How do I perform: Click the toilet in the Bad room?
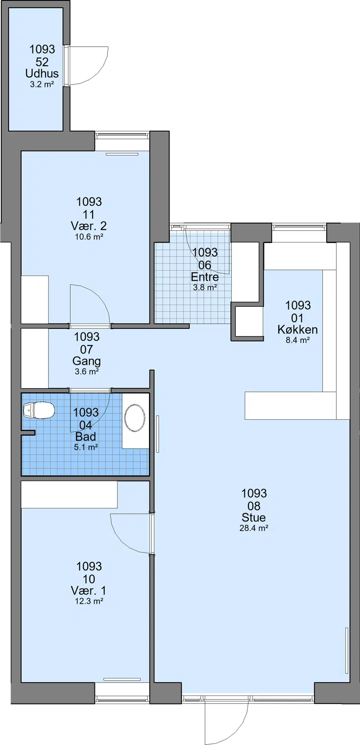[x=39, y=410]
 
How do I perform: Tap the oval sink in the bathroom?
[x=135, y=418]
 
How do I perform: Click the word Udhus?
[x=42, y=73]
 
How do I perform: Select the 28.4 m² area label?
[x=254, y=528]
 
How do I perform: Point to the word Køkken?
[x=297, y=330]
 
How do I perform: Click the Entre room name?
[x=205, y=277]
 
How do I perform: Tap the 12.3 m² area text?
[x=89, y=601]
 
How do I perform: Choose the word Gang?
[x=86, y=362]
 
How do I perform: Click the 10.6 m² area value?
[x=89, y=237]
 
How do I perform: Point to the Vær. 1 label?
[x=89, y=591]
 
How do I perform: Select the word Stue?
[x=253, y=517]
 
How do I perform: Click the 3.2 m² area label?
[x=42, y=84]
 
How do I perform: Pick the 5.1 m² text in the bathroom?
[x=86, y=447]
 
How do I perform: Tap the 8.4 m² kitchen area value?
[x=298, y=340]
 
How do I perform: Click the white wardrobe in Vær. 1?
[x=69, y=494]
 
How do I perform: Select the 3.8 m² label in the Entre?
[x=205, y=287]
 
